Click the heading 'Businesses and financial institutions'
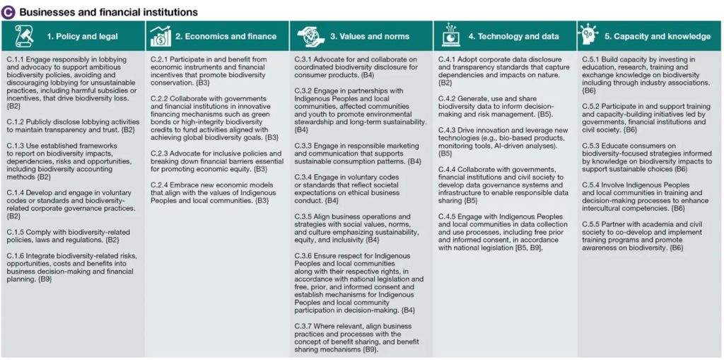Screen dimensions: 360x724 pyautogui.click(x=108, y=12)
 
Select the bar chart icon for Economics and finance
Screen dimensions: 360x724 pyautogui.click(x=160, y=35)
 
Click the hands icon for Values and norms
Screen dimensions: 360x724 pyautogui.click(x=306, y=35)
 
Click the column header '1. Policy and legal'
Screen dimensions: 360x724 pyautogui.click(x=82, y=36)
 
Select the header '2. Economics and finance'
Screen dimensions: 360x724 pyautogui.click(x=221, y=36)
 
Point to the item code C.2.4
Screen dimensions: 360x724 pyautogui.click(x=162, y=185)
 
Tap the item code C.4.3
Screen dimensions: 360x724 pyautogui.click(x=450, y=129)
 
